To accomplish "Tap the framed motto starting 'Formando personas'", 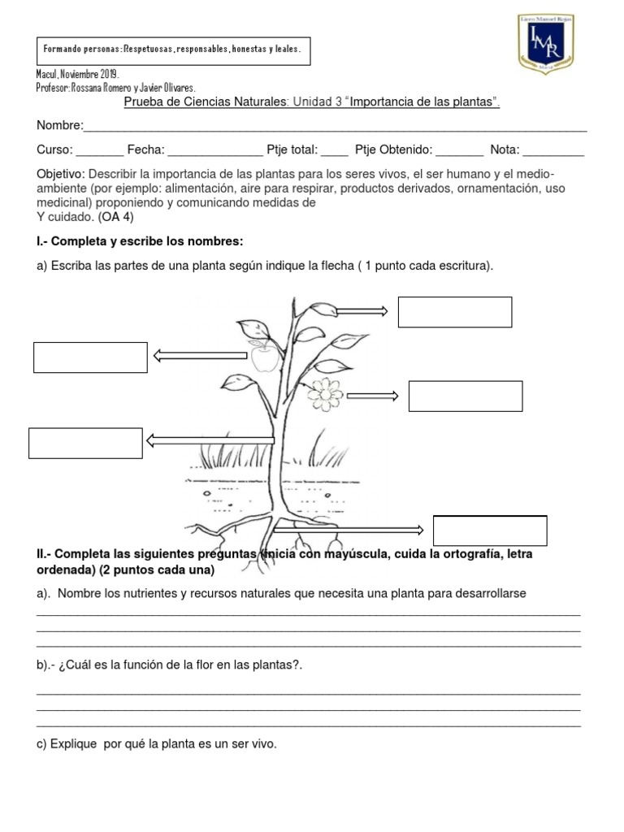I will pyautogui.click(x=172, y=50).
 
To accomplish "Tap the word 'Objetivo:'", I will pyautogui.click(x=61, y=175).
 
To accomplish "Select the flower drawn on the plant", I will pyautogui.click(x=327, y=393).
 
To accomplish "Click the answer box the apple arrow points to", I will pyautogui.click(x=90, y=357).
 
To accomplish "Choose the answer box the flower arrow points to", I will pyautogui.click(x=465, y=396).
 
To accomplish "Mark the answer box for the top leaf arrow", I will pyautogui.click(x=454, y=312).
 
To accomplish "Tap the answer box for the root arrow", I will pyautogui.click(x=490, y=531).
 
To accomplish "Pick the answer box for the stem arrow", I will pyautogui.click(x=85, y=443).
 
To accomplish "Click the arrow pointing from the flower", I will pyautogui.click(x=372, y=396).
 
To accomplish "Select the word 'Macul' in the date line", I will pyautogui.click(x=50, y=74).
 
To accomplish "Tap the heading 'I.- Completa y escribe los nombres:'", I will pyautogui.click(x=140, y=242).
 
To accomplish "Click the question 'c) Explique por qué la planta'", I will pyautogui.click(x=157, y=743).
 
